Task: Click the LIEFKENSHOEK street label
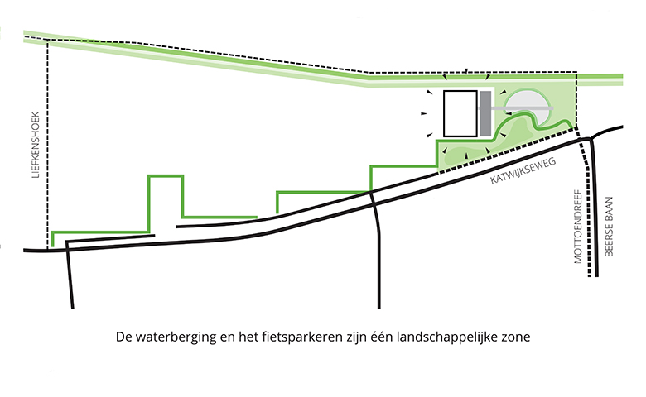click(36, 145)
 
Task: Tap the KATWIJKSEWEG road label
click(523, 170)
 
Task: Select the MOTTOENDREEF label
click(578, 227)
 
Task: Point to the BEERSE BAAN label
click(609, 227)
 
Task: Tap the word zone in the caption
click(520, 337)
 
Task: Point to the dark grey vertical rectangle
click(485, 114)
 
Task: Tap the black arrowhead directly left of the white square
click(424, 113)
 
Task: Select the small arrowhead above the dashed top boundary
click(466, 71)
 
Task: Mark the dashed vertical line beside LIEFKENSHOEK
click(47, 144)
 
